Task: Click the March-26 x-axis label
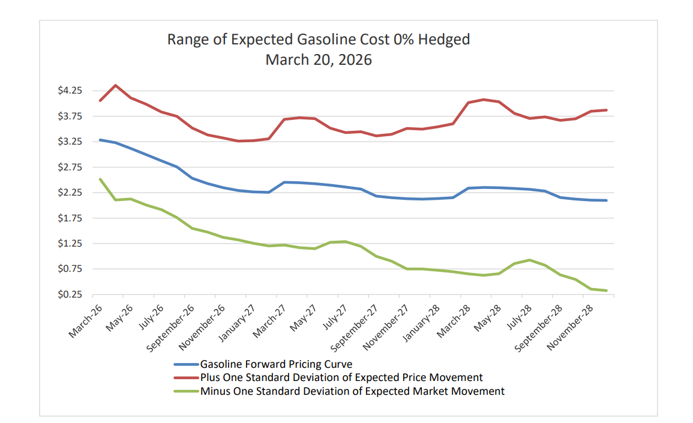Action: pyautogui.click(x=86, y=320)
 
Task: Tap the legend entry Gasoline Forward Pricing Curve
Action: pyautogui.click(x=276, y=364)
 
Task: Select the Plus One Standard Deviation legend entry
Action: pyautogui.click(x=341, y=377)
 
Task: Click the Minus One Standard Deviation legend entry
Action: pyautogui.click(x=352, y=391)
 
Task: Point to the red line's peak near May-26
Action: pyautogui.click(x=115, y=85)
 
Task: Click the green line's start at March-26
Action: pyautogui.click(x=100, y=179)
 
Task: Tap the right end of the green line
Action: pyautogui.click(x=607, y=291)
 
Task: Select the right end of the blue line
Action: pyautogui.click(x=607, y=200)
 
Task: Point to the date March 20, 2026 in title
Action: pyautogui.click(x=319, y=60)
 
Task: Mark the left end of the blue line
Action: pyautogui.click(x=100, y=140)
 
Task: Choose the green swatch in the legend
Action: pyautogui.click(x=185, y=391)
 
